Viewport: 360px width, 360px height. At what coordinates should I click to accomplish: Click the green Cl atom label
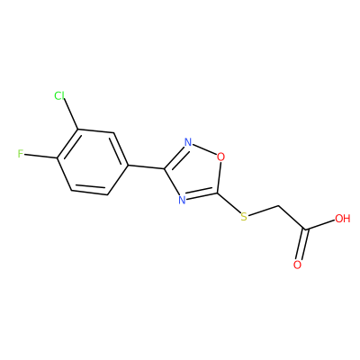pyautogui.click(x=59, y=95)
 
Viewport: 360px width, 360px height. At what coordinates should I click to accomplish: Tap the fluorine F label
pyautogui.click(x=21, y=154)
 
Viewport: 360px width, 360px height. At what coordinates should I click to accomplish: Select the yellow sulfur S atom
pyautogui.click(x=244, y=216)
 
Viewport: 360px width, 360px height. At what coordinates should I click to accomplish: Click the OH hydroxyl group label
pyautogui.click(x=343, y=219)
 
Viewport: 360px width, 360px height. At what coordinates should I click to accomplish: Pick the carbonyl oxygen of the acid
pyautogui.click(x=297, y=265)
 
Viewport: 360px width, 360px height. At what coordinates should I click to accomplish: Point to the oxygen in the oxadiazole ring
pyautogui.click(x=220, y=157)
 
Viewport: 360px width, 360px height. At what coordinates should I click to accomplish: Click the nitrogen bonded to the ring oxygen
pyautogui.click(x=188, y=142)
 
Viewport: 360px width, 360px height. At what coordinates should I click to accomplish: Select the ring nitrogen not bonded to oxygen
pyautogui.click(x=182, y=200)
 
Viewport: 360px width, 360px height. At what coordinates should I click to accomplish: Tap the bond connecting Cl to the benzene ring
pyautogui.click(x=71, y=115)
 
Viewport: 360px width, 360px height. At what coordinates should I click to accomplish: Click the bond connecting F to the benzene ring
pyautogui.click(x=40, y=156)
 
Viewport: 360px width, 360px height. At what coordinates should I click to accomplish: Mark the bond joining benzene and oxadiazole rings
pyautogui.click(x=147, y=167)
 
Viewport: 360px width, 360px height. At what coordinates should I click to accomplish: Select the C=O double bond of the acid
pyautogui.click(x=302, y=245)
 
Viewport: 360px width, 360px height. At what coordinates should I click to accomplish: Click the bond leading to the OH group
pyautogui.click(x=320, y=225)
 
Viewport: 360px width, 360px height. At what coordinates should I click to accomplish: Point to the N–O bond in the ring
pyautogui.click(x=204, y=149)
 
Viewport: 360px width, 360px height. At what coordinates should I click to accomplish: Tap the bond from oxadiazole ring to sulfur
pyautogui.click(x=229, y=202)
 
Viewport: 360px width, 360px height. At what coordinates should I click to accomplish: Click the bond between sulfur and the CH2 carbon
pyautogui.click(x=264, y=211)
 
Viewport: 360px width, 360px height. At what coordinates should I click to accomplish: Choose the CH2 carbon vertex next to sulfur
pyautogui.click(x=279, y=206)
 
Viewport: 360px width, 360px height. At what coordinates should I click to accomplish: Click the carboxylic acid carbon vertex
pyautogui.click(x=306, y=229)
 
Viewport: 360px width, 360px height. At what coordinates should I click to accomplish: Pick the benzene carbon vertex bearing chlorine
pyautogui.click(x=78, y=130)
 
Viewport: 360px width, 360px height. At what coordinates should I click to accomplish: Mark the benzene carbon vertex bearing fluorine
pyautogui.click(x=58, y=157)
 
